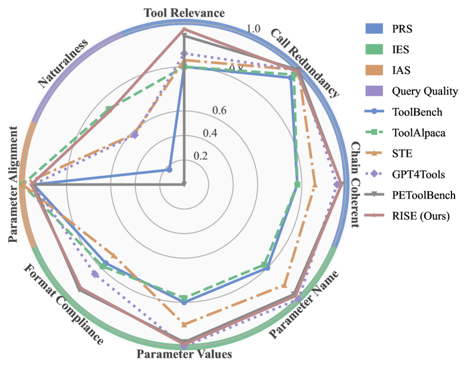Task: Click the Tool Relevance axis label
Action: pos(184,12)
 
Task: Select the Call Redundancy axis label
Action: pos(305,62)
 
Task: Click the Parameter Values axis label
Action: pos(184,354)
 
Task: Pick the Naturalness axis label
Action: pos(63,64)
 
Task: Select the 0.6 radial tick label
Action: pos(219,110)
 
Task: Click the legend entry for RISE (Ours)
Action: pos(421,216)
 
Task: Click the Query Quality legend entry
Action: pos(424,91)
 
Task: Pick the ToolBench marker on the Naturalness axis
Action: pos(169,170)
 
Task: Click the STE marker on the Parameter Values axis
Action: pos(184,324)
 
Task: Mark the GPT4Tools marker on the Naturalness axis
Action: pos(135,135)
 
